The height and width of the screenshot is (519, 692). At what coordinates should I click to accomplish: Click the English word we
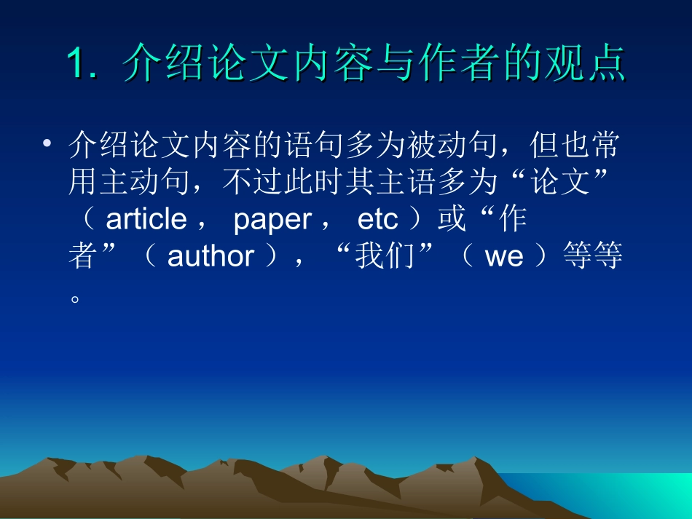(x=504, y=257)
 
